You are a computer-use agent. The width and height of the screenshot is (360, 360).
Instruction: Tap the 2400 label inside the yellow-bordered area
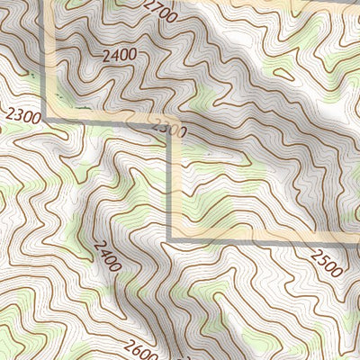(x=120, y=55)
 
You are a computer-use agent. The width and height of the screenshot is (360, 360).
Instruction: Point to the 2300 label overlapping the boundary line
(x=168, y=130)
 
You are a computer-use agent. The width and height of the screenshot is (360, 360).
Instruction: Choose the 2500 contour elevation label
(x=326, y=262)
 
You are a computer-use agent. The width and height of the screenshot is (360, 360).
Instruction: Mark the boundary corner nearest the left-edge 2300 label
(x=48, y=119)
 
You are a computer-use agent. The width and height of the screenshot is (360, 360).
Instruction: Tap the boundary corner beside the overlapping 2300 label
(x=171, y=120)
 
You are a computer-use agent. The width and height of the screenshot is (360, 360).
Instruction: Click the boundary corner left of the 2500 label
(x=170, y=239)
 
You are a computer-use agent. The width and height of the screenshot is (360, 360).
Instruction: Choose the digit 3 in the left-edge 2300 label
(x=14, y=113)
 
